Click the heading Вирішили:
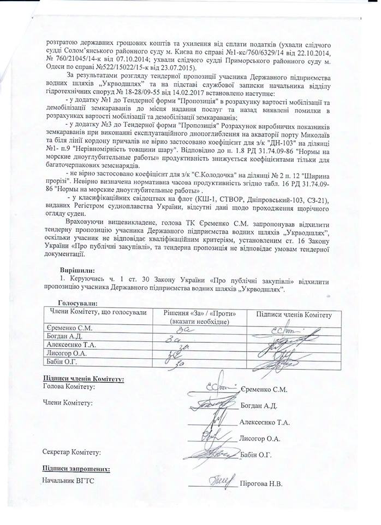(77, 270)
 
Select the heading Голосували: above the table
(78, 302)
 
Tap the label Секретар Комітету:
(72, 452)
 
